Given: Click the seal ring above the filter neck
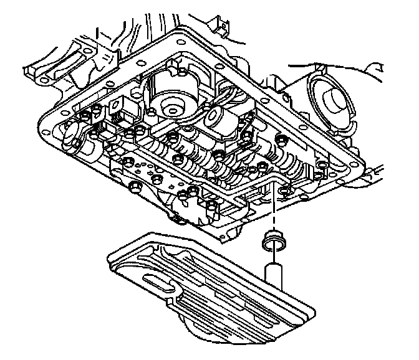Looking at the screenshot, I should click(272, 239).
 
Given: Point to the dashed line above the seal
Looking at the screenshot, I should click(272, 212).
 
